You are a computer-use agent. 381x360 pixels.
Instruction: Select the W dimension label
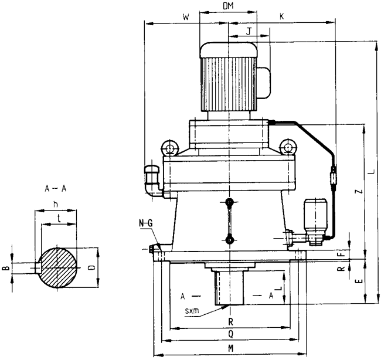tap(185, 18)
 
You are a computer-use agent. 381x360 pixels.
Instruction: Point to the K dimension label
tap(282, 18)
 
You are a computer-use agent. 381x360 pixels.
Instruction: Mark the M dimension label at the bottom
tap(231, 348)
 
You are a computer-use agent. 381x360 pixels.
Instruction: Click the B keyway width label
tap(5, 269)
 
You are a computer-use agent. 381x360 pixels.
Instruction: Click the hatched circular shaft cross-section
tap(57, 267)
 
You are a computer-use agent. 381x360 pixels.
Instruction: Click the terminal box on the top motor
tap(263, 83)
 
